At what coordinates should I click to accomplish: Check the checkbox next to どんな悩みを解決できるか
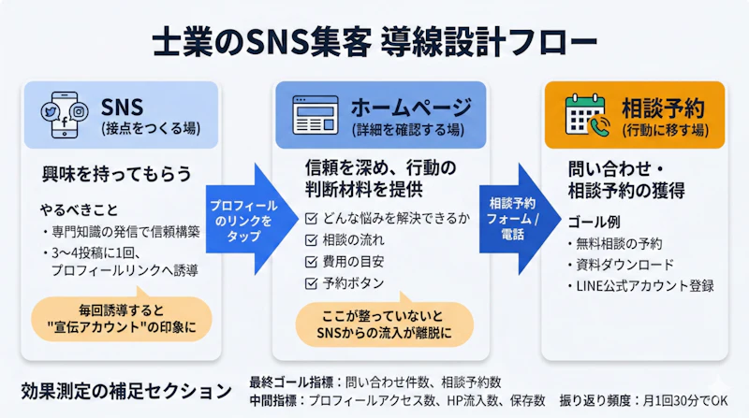(x=313, y=220)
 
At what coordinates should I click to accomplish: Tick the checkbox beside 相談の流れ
(x=313, y=240)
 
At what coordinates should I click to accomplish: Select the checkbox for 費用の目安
(x=313, y=261)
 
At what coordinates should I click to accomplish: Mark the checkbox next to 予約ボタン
(x=313, y=281)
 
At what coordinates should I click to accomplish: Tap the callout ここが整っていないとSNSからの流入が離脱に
(x=385, y=324)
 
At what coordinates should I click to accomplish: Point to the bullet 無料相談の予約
(x=620, y=244)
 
